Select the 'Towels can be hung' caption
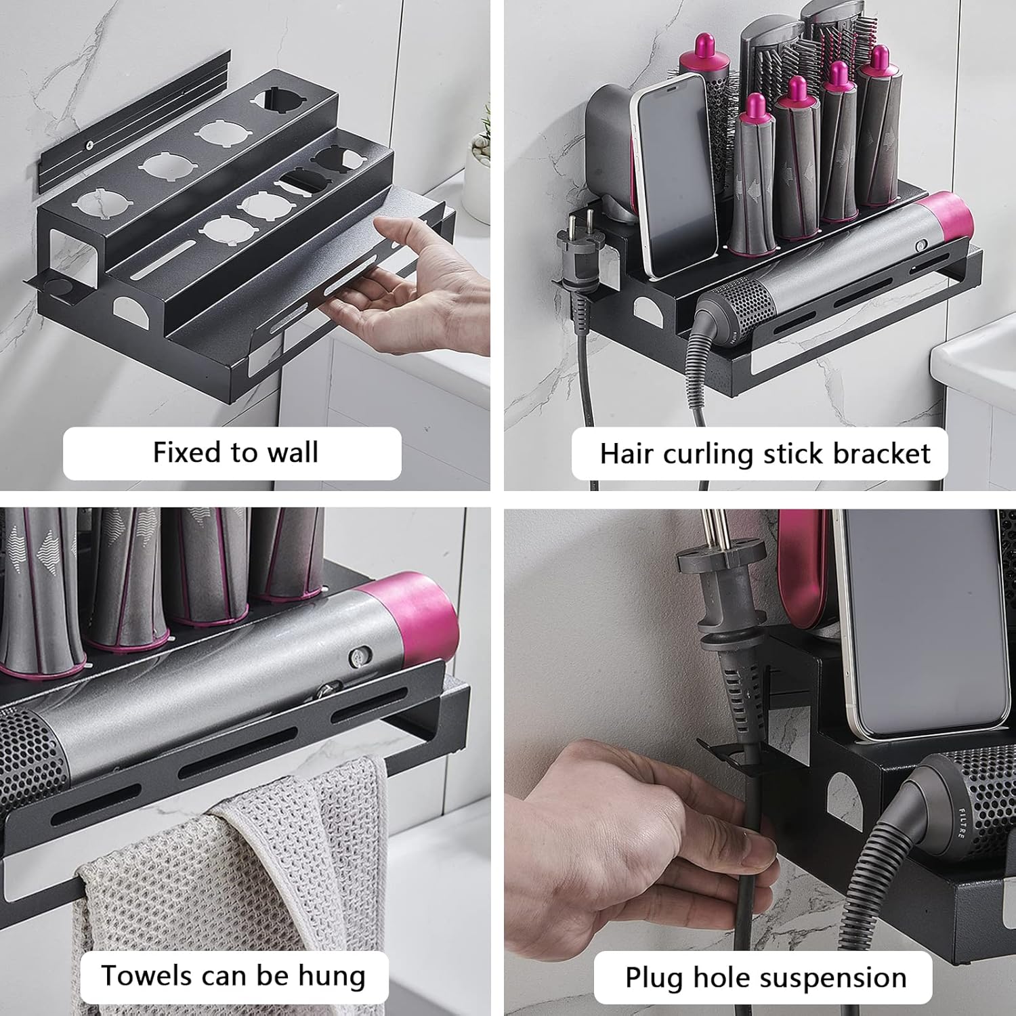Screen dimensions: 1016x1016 (x=233, y=977)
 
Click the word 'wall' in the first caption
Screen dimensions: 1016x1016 (x=292, y=452)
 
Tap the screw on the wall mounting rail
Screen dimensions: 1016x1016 (x=89, y=144)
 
